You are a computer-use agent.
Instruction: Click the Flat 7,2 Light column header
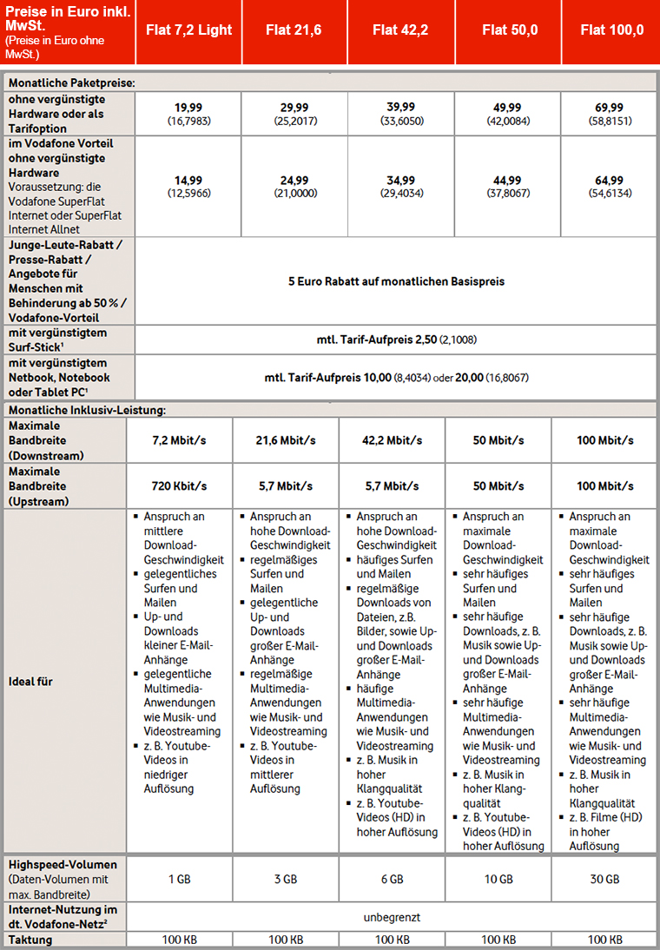(189, 30)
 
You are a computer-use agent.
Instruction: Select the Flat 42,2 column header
(401, 30)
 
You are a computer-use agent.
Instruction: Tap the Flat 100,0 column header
(611, 30)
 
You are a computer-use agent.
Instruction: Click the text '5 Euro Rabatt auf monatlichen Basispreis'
(396, 281)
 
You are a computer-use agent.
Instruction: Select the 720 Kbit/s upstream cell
(179, 485)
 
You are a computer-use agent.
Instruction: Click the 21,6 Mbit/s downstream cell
(285, 440)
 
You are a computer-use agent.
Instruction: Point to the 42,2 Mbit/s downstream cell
(392, 440)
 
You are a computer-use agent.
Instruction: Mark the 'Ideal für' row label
(30, 682)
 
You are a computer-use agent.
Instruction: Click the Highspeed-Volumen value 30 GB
(604, 879)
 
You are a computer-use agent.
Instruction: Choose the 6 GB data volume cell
(392, 879)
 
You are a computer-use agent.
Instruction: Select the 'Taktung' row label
(30, 940)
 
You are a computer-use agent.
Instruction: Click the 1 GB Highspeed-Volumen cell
(179, 879)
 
